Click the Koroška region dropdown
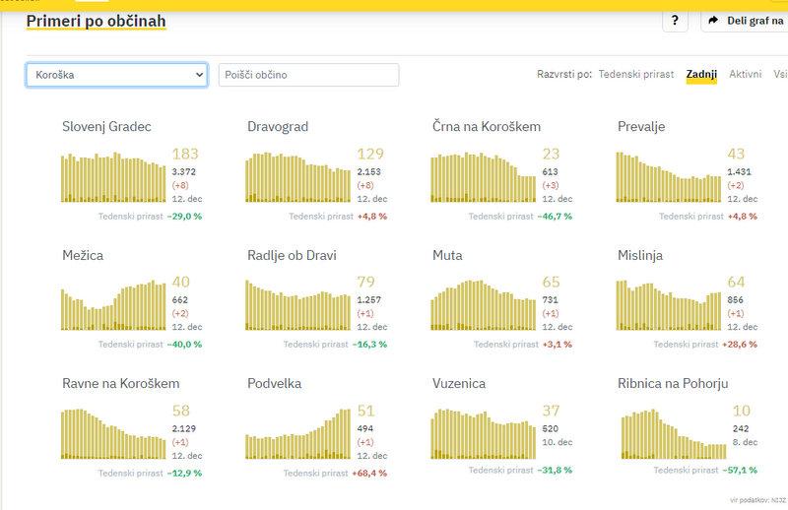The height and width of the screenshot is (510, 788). click(116, 75)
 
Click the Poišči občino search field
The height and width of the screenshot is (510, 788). click(308, 75)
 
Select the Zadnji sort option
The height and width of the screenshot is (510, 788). click(701, 74)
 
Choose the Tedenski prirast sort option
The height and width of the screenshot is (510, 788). click(637, 74)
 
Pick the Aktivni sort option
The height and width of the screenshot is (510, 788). click(745, 74)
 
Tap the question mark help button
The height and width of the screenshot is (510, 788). click(674, 21)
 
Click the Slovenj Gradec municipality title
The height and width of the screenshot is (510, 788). click(106, 126)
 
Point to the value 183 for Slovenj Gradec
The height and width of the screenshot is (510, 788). click(185, 154)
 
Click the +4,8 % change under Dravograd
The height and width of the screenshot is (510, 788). click(371, 216)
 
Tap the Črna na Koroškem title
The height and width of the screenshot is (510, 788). click(487, 126)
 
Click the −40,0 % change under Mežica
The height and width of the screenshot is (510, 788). click(185, 344)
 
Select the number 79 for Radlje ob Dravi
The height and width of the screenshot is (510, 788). click(364, 282)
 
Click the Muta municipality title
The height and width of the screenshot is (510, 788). click(447, 255)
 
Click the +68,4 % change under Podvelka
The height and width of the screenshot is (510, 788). click(370, 473)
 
